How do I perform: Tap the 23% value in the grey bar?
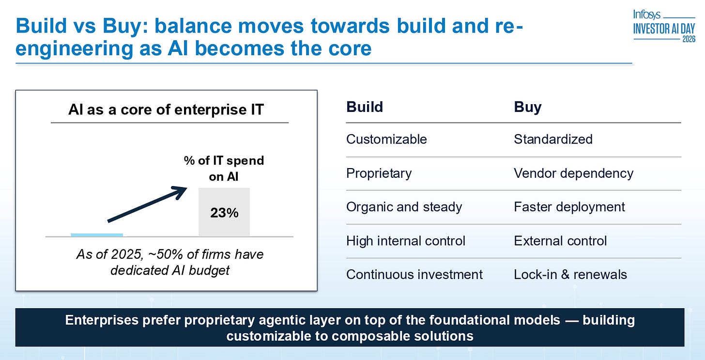click(224, 213)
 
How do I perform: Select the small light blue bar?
click(97, 235)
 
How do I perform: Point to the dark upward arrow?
click(147, 205)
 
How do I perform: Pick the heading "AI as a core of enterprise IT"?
click(166, 110)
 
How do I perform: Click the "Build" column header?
click(365, 107)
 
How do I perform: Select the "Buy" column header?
click(527, 107)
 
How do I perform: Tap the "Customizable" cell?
click(386, 140)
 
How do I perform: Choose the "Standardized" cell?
click(553, 140)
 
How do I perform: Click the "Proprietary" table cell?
click(379, 173)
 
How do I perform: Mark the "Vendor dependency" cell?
click(573, 173)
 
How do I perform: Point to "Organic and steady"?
click(404, 207)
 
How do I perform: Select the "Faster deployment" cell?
click(569, 207)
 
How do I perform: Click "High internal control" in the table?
click(405, 241)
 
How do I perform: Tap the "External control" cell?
click(560, 241)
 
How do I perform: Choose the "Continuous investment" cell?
click(414, 275)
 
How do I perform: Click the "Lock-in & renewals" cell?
click(570, 275)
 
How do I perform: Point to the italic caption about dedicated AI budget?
click(169, 262)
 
